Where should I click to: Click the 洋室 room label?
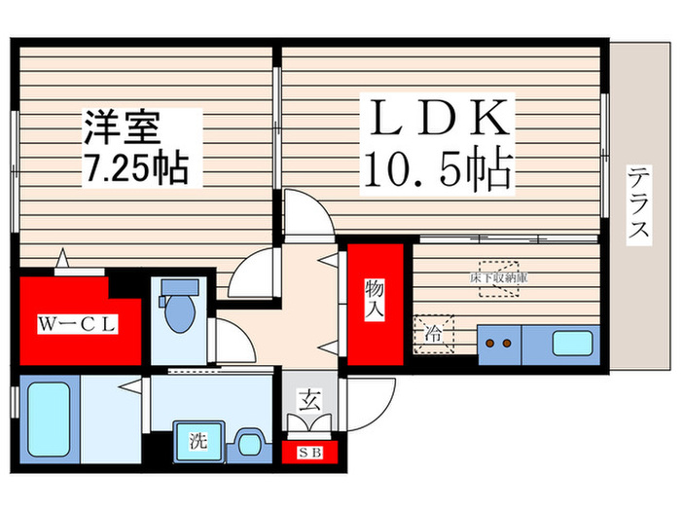point(121,129)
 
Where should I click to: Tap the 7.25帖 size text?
point(130,169)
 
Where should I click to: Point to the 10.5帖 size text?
point(438,172)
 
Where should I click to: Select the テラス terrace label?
point(638,204)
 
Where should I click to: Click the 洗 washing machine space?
point(197,440)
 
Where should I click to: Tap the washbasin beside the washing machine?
point(249,443)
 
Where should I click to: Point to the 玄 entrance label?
point(306,398)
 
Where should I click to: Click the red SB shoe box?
point(308,453)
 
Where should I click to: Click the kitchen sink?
point(573,344)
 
